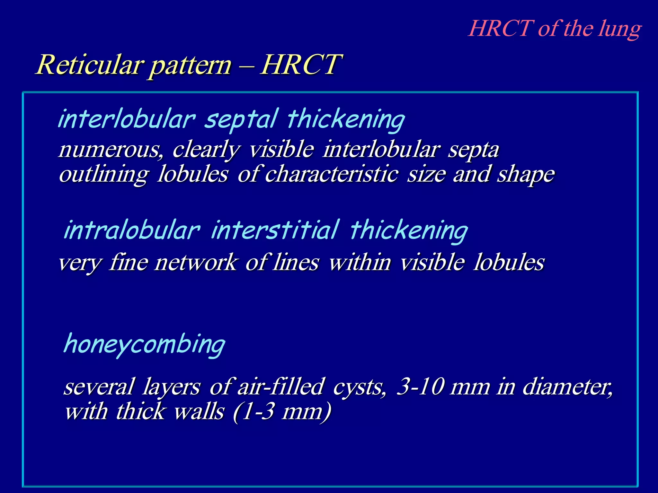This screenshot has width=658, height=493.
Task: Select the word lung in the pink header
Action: point(620,30)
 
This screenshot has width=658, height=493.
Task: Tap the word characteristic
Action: point(332,174)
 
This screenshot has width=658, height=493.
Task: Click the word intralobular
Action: point(132,230)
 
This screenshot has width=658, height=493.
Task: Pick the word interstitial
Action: point(275,230)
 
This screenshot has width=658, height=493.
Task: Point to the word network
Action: point(195,262)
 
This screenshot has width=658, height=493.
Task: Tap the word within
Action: point(360,262)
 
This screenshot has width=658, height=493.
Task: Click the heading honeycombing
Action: point(145,344)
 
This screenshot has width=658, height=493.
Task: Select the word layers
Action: point(172,387)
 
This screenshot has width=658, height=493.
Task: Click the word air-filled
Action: point(280,386)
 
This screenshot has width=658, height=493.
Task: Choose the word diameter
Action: point(567,387)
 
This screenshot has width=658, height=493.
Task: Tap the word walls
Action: point(199,412)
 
